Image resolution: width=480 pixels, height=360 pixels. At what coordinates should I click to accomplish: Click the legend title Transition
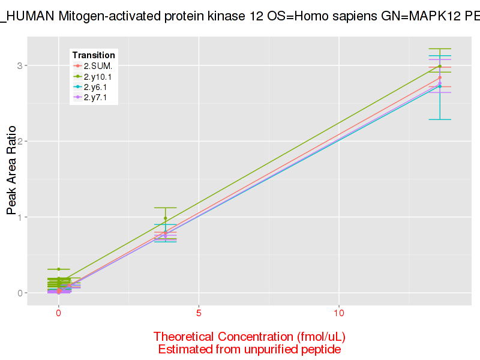click(93, 55)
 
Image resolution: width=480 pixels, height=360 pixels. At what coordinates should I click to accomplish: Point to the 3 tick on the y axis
click(20, 65)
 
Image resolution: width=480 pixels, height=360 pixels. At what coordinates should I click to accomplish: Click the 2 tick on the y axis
click(20, 141)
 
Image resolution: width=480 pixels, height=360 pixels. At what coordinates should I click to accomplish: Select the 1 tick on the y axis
click(20, 217)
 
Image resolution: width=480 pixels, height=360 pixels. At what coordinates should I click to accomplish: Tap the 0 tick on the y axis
click(20, 293)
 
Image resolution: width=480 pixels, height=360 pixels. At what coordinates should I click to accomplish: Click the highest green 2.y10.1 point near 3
click(440, 67)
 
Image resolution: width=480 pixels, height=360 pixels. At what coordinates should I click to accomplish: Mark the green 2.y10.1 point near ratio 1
click(166, 218)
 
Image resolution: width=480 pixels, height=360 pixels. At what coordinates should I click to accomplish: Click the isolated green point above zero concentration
click(59, 269)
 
